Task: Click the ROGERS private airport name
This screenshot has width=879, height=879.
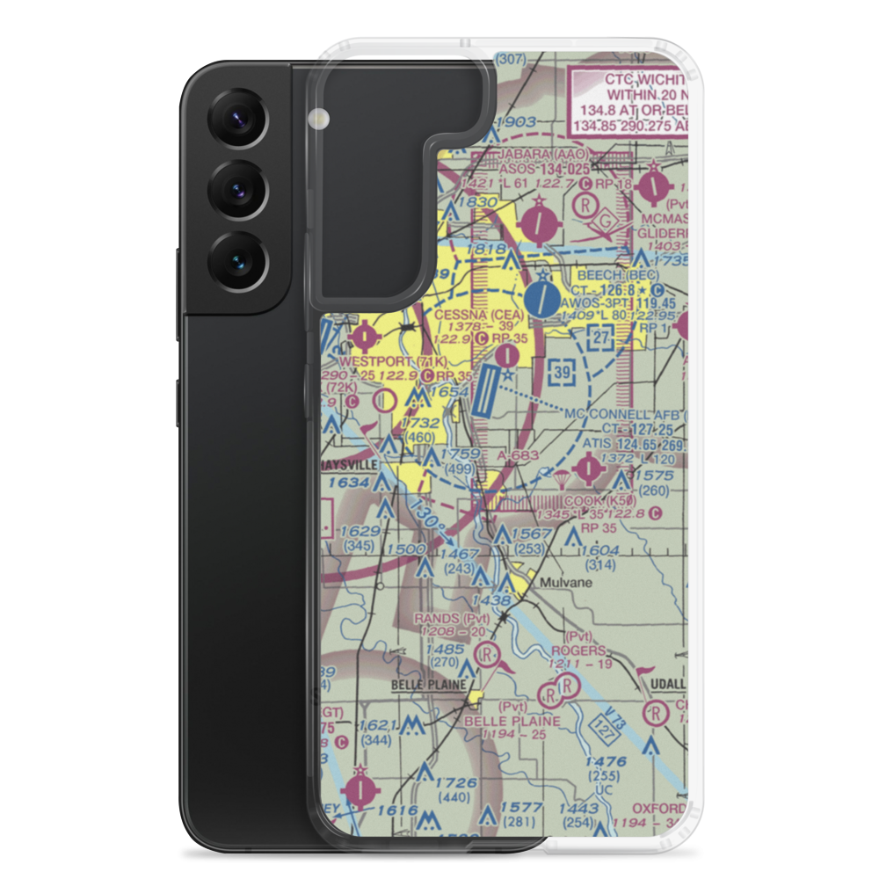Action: point(580,650)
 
